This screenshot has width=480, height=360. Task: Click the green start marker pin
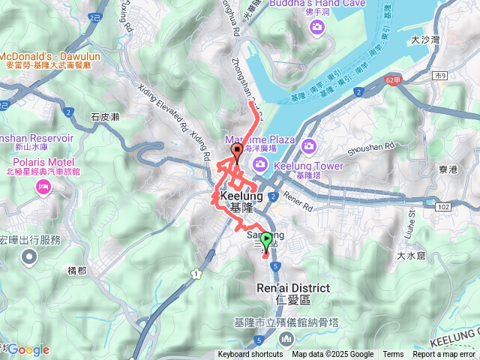(265, 241)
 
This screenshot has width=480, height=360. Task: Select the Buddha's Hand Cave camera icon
(317, 28)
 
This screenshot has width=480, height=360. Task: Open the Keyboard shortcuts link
(251, 355)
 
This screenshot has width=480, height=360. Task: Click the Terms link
(393, 355)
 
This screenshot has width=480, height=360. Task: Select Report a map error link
(444, 355)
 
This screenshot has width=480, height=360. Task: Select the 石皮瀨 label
(105, 117)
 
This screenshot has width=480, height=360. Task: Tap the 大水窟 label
(411, 256)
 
